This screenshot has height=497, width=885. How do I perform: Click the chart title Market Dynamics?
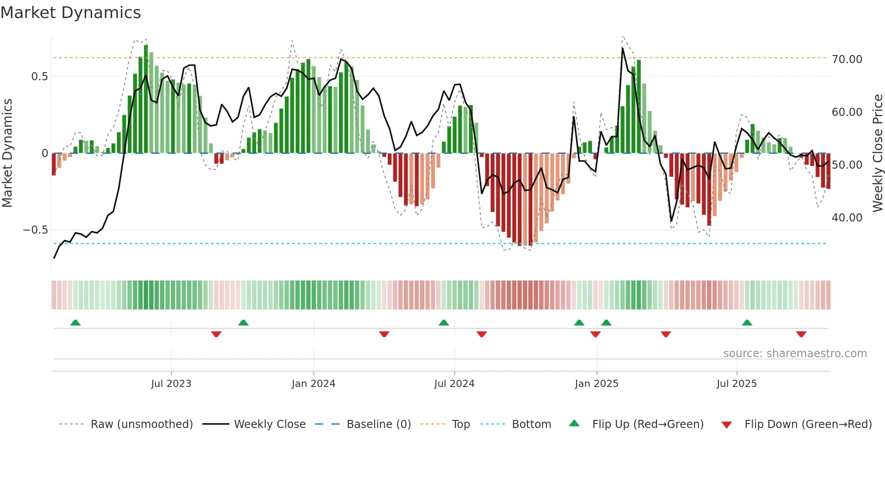click(70, 13)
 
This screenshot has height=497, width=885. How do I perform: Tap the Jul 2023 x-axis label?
click(171, 384)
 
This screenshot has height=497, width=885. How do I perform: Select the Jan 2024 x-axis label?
click(313, 384)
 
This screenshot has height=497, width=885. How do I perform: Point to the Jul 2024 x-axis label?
click(454, 384)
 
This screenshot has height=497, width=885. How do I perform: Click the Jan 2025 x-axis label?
click(596, 384)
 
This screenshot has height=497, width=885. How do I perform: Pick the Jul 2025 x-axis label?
click(736, 384)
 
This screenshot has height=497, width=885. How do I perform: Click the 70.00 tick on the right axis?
click(847, 60)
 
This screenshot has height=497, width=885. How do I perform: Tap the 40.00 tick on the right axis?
click(847, 218)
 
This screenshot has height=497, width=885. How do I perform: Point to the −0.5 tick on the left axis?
click(36, 230)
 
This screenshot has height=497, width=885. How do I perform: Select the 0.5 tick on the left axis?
click(40, 77)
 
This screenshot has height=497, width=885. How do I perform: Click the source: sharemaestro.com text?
click(795, 354)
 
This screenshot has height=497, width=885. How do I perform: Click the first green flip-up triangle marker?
click(75, 323)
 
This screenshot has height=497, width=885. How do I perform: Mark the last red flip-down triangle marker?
click(801, 334)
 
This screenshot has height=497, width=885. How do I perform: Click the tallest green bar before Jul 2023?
click(146, 99)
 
